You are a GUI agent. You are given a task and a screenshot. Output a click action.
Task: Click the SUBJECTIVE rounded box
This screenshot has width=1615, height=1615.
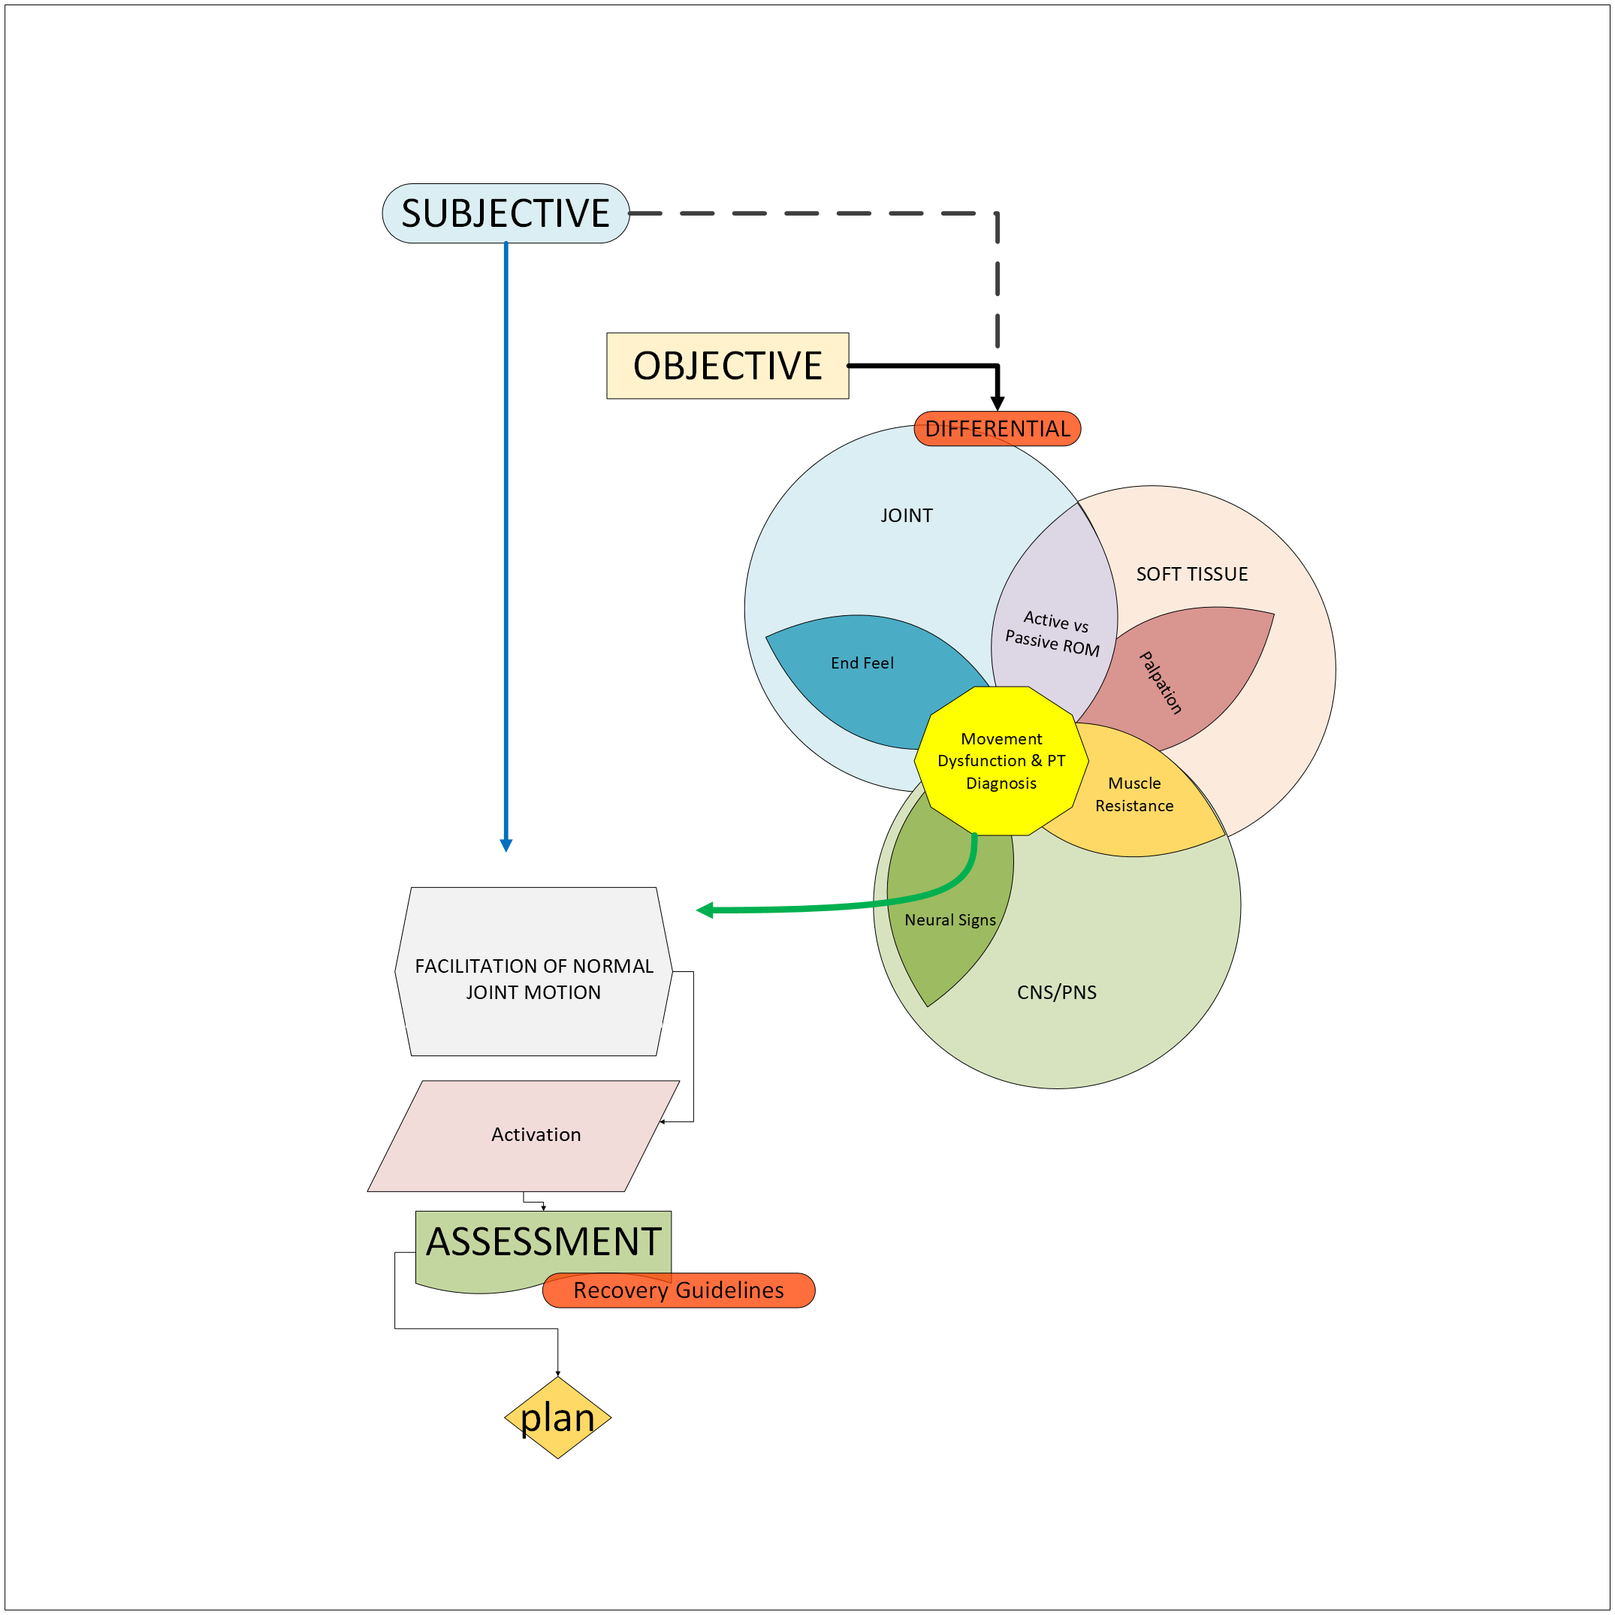pyautogui.click(x=505, y=213)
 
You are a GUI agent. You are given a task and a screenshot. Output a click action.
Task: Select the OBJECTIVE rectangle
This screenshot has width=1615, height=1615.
pyautogui.click(x=727, y=366)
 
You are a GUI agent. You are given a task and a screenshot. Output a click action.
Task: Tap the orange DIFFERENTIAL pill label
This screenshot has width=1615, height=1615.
pyautogui.click(x=998, y=429)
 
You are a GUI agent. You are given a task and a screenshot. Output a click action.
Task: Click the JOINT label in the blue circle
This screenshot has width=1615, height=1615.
pyautogui.click(x=906, y=516)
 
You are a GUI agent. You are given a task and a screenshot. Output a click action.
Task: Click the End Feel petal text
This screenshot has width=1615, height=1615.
pyautogui.click(x=862, y=663)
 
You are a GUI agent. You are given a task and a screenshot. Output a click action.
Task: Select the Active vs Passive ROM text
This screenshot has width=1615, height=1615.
pyautogui.click(x=1053, y=632)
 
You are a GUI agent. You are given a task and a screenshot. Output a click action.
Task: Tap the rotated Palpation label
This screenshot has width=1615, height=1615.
pyautogui.click(x=1161, y=682)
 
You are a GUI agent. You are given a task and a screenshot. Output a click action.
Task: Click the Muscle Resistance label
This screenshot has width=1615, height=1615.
pyautogui.click(x=1134, y=794)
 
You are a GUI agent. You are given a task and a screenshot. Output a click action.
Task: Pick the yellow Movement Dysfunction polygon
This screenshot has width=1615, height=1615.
pyautogui.click(x=1001, y=761)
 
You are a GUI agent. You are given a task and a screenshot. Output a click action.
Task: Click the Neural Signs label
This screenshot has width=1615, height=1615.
pyautogui.click(x=949, y=919)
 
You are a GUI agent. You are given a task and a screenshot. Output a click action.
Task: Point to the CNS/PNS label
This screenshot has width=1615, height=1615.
pyautogui.click(x=1057, y=992)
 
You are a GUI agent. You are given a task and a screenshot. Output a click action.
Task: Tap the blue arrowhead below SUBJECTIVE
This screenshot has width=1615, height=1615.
pyautogui.click(x=506, y=845)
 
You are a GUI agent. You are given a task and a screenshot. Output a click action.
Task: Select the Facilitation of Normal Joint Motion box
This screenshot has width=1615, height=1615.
pyautogui.click(x=533, y=979)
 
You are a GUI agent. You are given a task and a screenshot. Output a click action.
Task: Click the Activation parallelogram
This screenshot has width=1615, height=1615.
pyautogui.click(x=535, y=1134)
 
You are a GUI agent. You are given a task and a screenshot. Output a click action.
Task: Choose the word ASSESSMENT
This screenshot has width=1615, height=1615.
pyautogui.click(x=543, y=1242)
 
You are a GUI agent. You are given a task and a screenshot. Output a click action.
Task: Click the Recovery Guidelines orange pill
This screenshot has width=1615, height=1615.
pyautogui.click(x=678, y=1290)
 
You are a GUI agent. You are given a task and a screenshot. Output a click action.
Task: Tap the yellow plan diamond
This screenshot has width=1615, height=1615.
pyautogui.click(x=557, y=1417)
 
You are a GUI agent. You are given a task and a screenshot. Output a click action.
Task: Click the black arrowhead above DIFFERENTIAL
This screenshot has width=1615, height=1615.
pyautogui.click(x=998, y=403)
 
